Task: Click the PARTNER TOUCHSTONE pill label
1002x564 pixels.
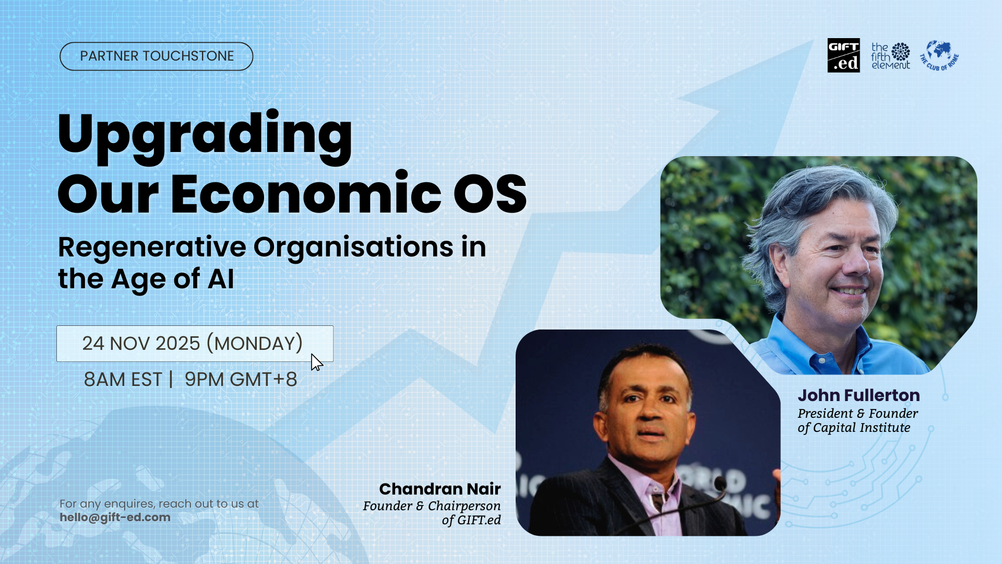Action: [157, 56]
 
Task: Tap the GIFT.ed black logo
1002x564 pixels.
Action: [843, 55]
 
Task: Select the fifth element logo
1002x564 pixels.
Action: [890, 56]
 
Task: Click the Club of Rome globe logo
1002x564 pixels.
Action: [939, 55]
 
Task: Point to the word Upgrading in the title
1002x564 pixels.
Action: [205, 134]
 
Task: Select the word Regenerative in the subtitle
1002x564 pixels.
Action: [152, 247]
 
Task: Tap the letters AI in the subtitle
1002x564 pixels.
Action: [221, 279]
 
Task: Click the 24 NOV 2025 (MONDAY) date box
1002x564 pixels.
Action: [194, 344]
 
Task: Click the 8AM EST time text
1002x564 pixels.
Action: [123, 380]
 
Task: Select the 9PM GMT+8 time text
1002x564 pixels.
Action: [241, 380]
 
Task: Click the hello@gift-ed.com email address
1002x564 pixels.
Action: [115, 518]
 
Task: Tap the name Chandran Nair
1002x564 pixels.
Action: [439, 489]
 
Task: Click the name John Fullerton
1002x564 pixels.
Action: [858, 395]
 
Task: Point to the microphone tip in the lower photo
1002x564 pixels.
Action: [721, 486]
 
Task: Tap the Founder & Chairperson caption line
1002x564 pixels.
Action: [432, 506]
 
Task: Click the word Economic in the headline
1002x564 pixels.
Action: [306, 194]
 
